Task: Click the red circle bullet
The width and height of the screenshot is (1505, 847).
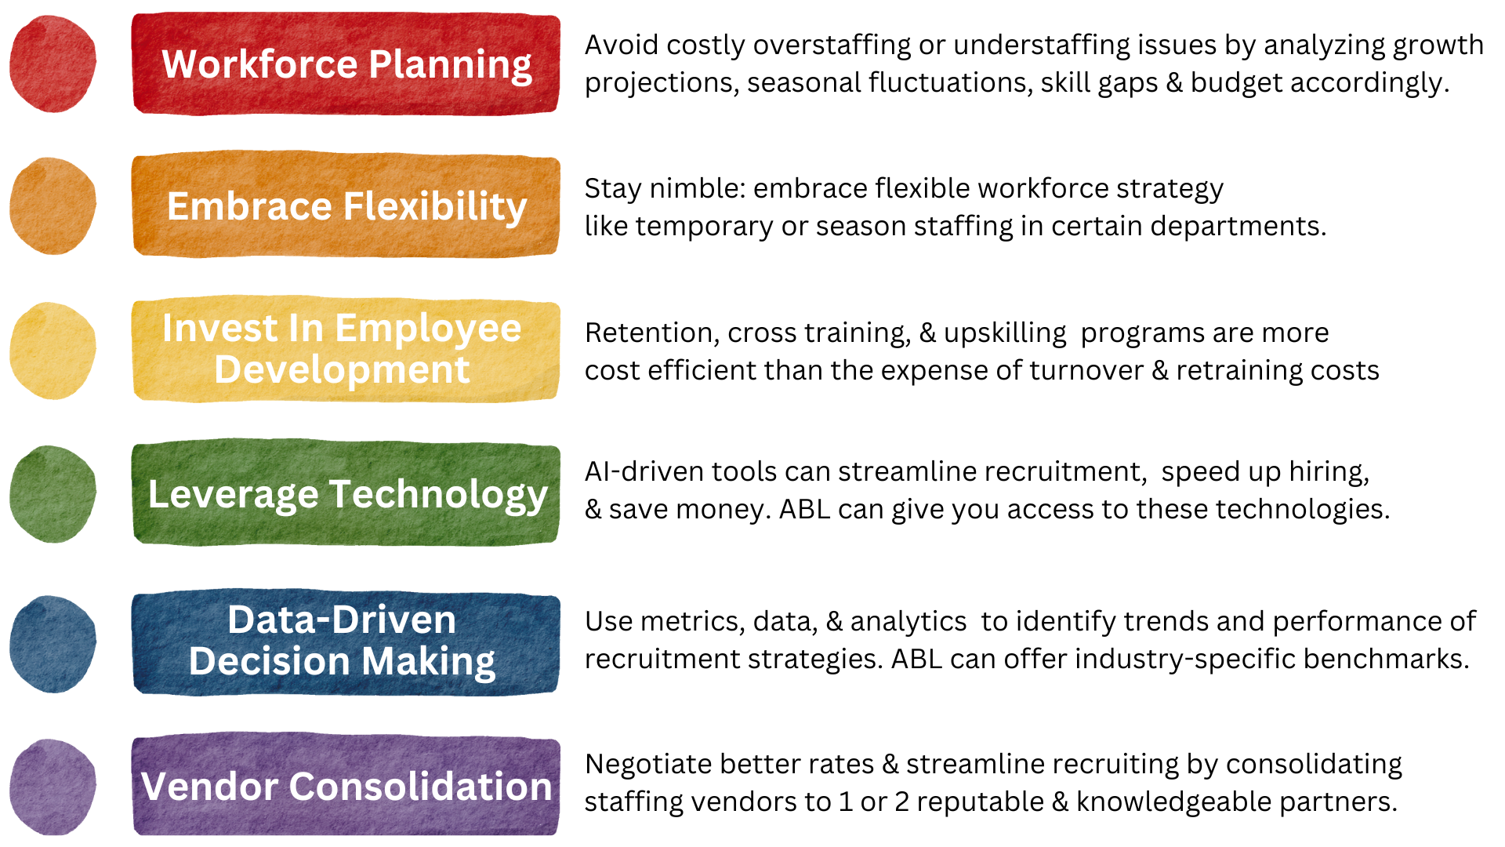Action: (53, 64)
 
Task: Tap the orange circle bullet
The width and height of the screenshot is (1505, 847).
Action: (53, 206)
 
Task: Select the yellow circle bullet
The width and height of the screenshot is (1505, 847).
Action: (53, 351)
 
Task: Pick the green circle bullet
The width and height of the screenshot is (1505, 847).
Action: (53, 494)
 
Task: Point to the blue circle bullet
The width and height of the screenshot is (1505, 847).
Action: (53, 644)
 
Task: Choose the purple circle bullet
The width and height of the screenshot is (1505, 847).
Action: (53, 787)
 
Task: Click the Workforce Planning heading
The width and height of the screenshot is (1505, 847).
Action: (346, 64)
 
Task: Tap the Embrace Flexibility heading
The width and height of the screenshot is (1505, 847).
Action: (346, 206)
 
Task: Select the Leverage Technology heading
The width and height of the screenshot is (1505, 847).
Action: (347, 494)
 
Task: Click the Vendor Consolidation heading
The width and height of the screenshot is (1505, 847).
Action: (346, 787)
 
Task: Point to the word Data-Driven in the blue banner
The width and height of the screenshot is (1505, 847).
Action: (342, 620)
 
